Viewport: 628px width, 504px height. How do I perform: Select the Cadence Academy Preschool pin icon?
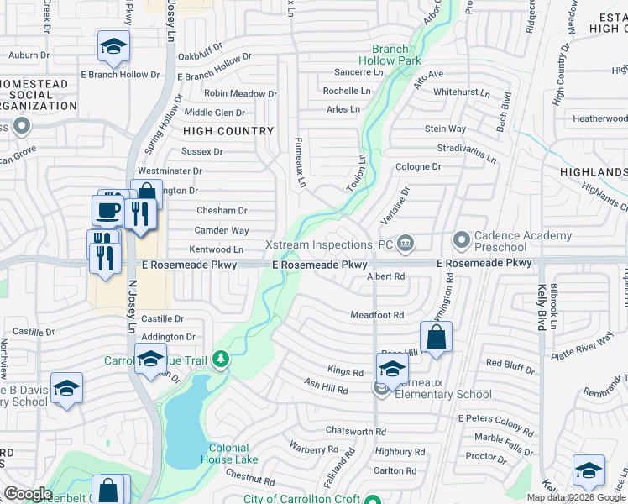(x=461, y=241)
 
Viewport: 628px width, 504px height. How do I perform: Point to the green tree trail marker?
(x=221, y=360)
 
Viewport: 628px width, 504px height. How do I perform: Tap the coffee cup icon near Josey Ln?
(x=107, y=210)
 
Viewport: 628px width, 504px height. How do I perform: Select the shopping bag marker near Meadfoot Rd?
(x=436, y=338)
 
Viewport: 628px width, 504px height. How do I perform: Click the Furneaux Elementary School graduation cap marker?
(x=392, y=368)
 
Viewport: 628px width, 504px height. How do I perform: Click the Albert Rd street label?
(x=387, y=276)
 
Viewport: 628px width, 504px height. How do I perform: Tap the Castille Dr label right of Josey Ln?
(x=162, y=319)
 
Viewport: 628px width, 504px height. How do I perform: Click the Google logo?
(x=27, y=494)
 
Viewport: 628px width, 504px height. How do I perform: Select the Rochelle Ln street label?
(x=347, y=91)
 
